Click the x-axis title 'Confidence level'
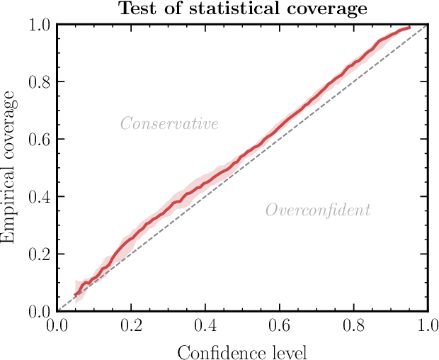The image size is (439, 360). click(241, 351)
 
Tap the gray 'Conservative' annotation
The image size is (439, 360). click(169, 124)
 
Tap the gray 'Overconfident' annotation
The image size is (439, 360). click(318, 210)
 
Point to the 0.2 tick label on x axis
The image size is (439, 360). click(131, 327)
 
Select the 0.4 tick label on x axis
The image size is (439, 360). click(205, 327)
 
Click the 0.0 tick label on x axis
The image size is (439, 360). click(57, 327)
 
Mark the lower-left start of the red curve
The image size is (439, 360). click(75, 295)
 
